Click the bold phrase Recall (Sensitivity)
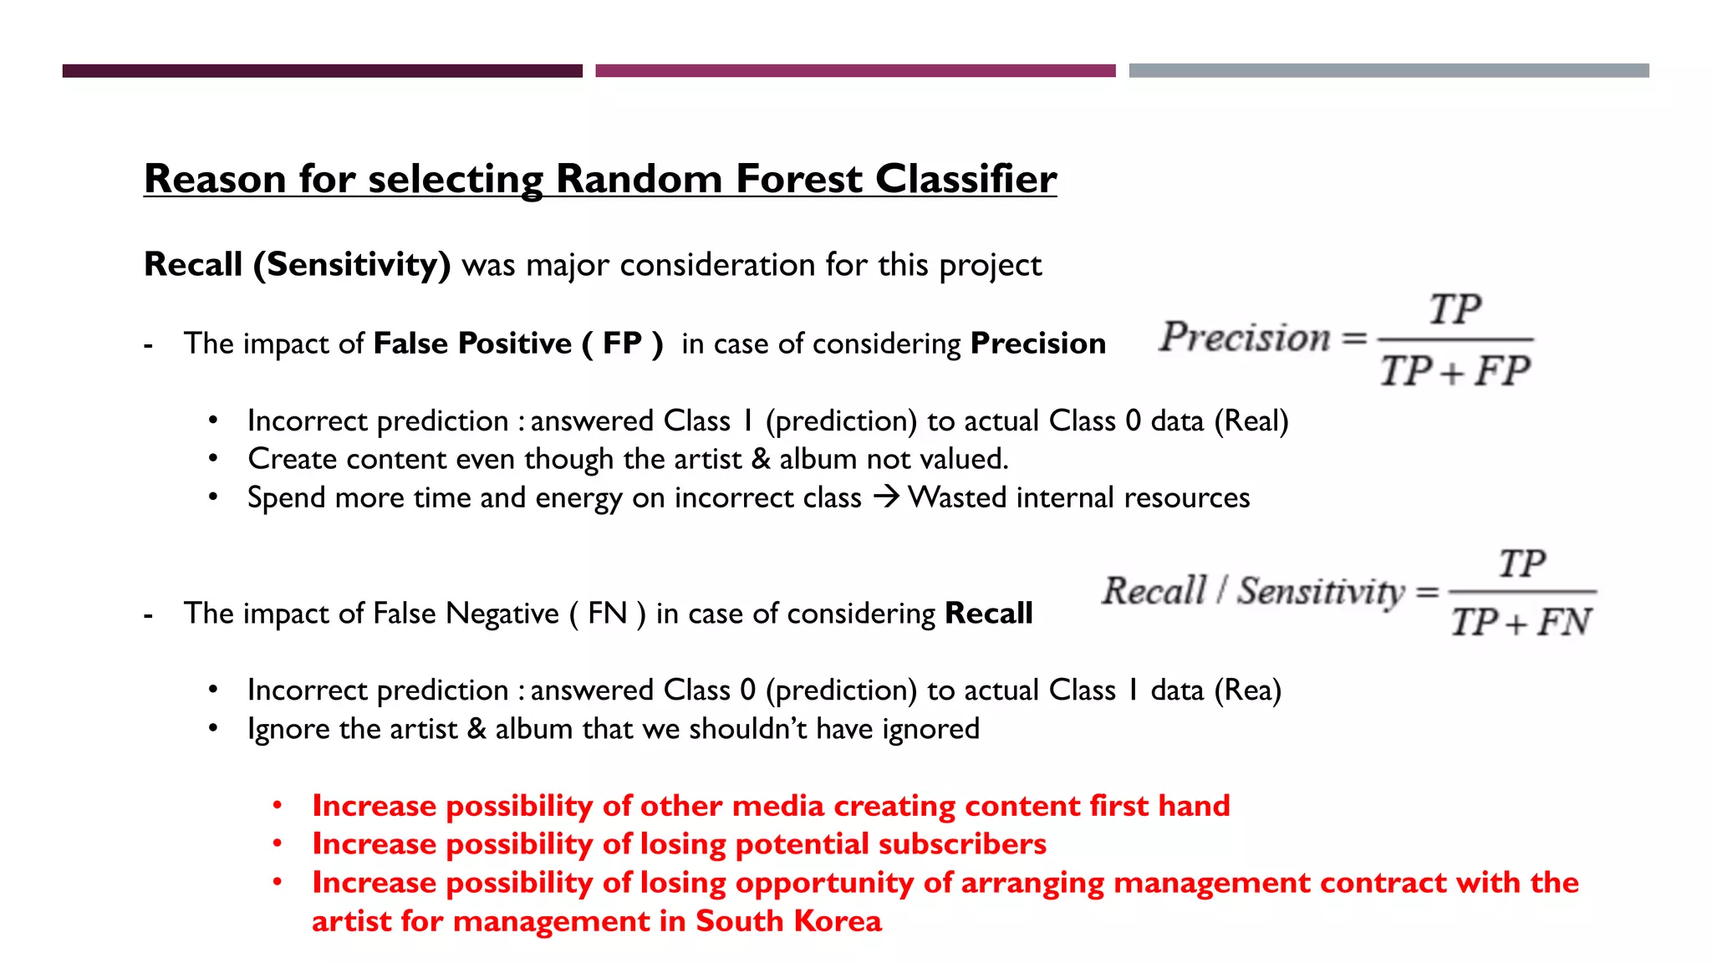pyautogui.click(x=297, y=265)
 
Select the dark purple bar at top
pyautogui.click(x=322, y=71)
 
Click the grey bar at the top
pyautogui.click(x=1388, y=71)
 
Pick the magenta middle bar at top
pyautogui.click(x=855, y=71)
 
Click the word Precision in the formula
pyautogui.click(x=1244, y=338)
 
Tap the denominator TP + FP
pyautogui.click(x=1455, y=370)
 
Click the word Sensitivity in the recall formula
pyautogui.click(x=1321, y=592)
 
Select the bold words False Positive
pyautogui.click(x=472, y=344)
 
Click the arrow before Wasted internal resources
pyautogui.click(x=885, y=497)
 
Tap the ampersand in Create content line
pyautogui.click(x=760, y=459)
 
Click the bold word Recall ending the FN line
pyautogui.click(x=988, y=614)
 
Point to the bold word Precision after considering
pyautogui.click(x=1037, y=344)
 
